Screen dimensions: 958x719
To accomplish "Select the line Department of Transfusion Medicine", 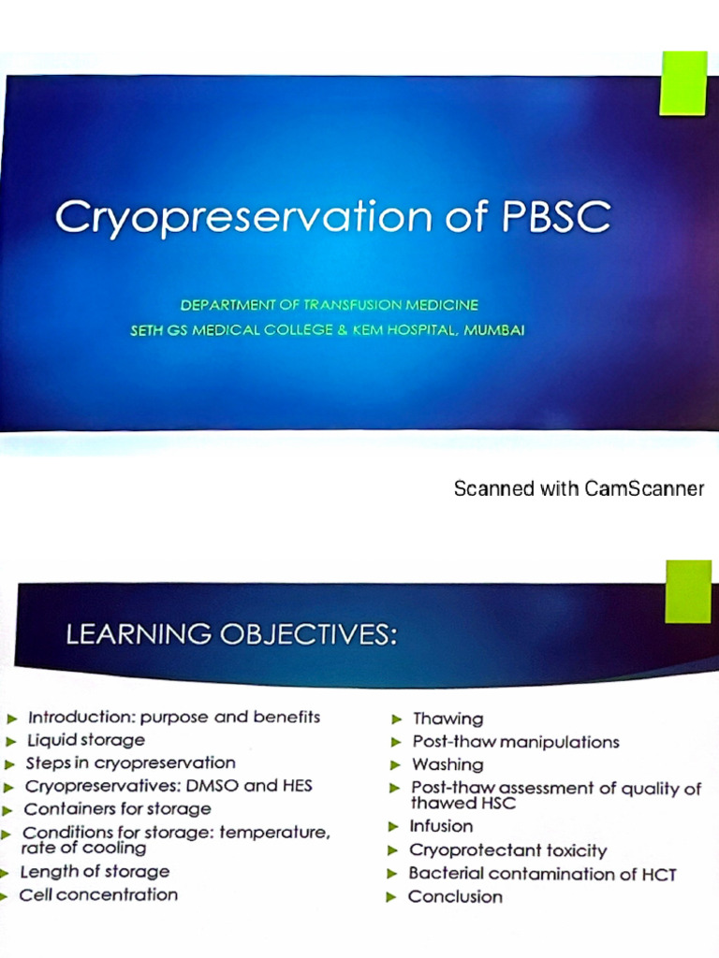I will tap(330, 305).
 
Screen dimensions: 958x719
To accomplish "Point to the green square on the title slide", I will tap(682, 83).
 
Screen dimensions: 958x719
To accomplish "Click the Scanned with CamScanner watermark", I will tap(579, 488).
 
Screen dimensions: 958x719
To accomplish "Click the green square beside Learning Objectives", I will tap(687, 591).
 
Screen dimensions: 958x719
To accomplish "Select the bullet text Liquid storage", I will tap(85, 740).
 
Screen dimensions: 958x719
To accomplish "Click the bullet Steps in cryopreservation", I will tap(130, 762).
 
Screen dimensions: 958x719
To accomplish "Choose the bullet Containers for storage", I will tap(117, 808).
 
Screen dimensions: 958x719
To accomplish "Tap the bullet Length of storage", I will tap(95, 871).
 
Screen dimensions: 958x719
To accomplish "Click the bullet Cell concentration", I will tap(98, 894).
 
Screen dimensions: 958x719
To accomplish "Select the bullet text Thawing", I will tap(448, 718).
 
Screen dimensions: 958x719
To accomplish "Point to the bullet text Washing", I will tap(448, 764).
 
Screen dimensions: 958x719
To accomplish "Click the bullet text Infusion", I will tap(441, 826).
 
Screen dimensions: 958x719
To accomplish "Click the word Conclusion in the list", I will tap(455, 896).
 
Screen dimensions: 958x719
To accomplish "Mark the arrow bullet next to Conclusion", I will tap(390, 897).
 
